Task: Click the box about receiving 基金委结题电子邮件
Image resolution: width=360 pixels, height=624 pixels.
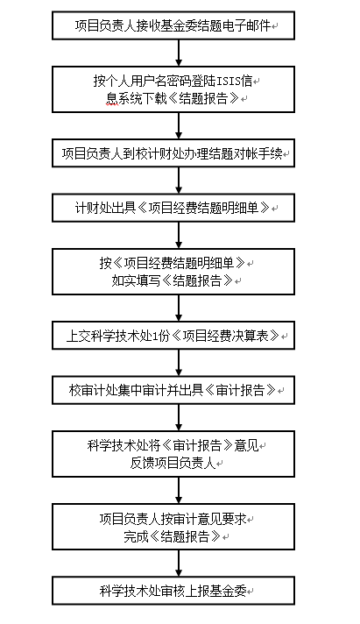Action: tap(173, 25)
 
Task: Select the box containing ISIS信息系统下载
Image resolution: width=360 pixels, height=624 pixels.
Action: tap(173, 89)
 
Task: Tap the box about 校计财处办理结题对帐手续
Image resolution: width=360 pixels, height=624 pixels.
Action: tap(173, 153)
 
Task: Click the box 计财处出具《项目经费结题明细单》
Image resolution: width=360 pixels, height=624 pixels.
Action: tap(173, 208)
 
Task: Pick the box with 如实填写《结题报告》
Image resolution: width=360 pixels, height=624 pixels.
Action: tap(173, 272)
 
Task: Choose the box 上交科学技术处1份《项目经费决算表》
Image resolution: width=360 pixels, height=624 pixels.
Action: tap(173, 336)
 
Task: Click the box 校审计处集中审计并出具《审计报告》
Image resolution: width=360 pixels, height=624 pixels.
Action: tap(173, 390)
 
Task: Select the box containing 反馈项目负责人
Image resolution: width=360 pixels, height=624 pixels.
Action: tap(173, 454)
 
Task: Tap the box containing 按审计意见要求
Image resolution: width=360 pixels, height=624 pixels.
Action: tap(173, 527)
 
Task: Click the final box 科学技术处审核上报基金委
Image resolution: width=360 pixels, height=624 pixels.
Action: tap(173, 591)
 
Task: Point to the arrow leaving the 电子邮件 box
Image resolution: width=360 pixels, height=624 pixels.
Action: tap(179, 53)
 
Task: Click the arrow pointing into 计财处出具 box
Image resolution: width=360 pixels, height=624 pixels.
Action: tap(179, 181)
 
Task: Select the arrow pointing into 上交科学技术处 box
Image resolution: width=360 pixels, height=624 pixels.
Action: tap(179, 308)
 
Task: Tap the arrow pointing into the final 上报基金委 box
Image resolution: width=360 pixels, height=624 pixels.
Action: tap(179, 564)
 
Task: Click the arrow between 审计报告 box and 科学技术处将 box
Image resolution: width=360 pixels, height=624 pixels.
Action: tap(179, 417)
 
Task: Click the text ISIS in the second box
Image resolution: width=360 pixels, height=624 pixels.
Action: tap(228, 82)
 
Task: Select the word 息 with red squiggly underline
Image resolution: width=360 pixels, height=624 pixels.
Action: tap(112, 98)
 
